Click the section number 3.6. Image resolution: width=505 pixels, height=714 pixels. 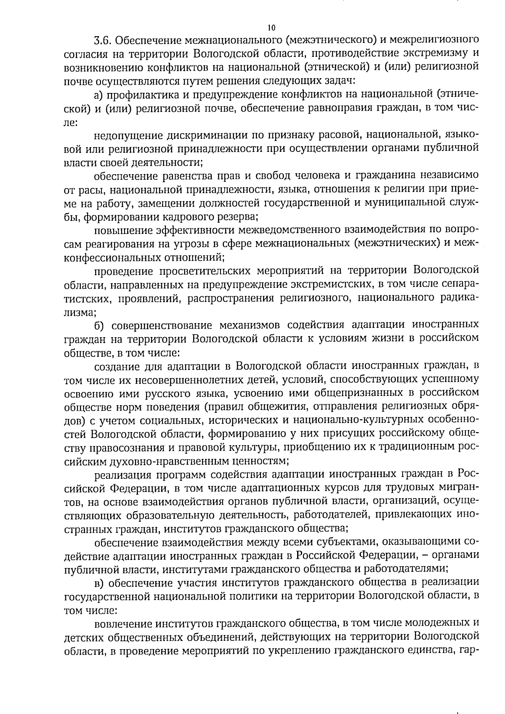point(102,40)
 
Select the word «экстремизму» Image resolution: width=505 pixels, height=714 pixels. point(431,54)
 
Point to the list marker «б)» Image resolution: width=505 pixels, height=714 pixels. point(99,325)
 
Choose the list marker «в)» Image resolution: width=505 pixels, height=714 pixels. point(99,583)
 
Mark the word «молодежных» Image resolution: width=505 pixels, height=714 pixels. point(439,623)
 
